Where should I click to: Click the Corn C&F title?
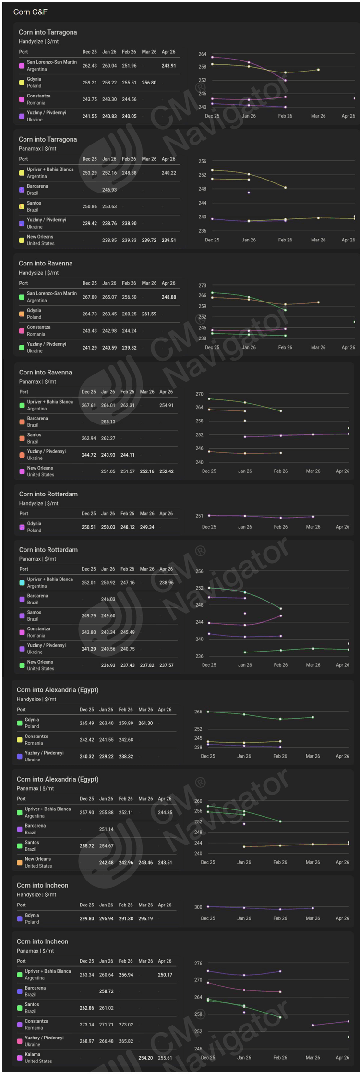[x=30, y=12]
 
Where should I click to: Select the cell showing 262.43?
[x=89, y=66]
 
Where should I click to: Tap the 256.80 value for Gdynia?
[x=149, y=83]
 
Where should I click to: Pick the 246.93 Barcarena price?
[x=109, y=190]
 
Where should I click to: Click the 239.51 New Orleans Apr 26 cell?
[x=168, y=240]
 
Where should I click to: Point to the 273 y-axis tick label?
[x=202, y=285]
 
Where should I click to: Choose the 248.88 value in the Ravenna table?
[x=168, y=297]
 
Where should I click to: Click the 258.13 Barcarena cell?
[x=108, y=422]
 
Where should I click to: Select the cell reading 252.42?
[x=167, y=471]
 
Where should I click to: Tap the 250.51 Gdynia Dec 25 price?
[x=88, y=527]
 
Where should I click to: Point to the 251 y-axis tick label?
[x=199, y=516]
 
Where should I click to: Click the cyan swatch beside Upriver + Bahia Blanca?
[x=22, y=583]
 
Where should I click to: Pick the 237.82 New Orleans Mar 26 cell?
[x=147, y=665]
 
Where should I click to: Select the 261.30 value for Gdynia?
[x=145, y=723]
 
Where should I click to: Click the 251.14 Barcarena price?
[x=106, y=829]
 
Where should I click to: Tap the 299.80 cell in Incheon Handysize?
[x=86, y=918]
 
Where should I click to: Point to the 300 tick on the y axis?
[x=198, y=907]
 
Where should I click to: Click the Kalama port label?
[x=33, y=1054]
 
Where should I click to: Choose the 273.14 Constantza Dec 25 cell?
[x=86, y=1025]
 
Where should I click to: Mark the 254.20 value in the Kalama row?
[x=145, y=1058]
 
